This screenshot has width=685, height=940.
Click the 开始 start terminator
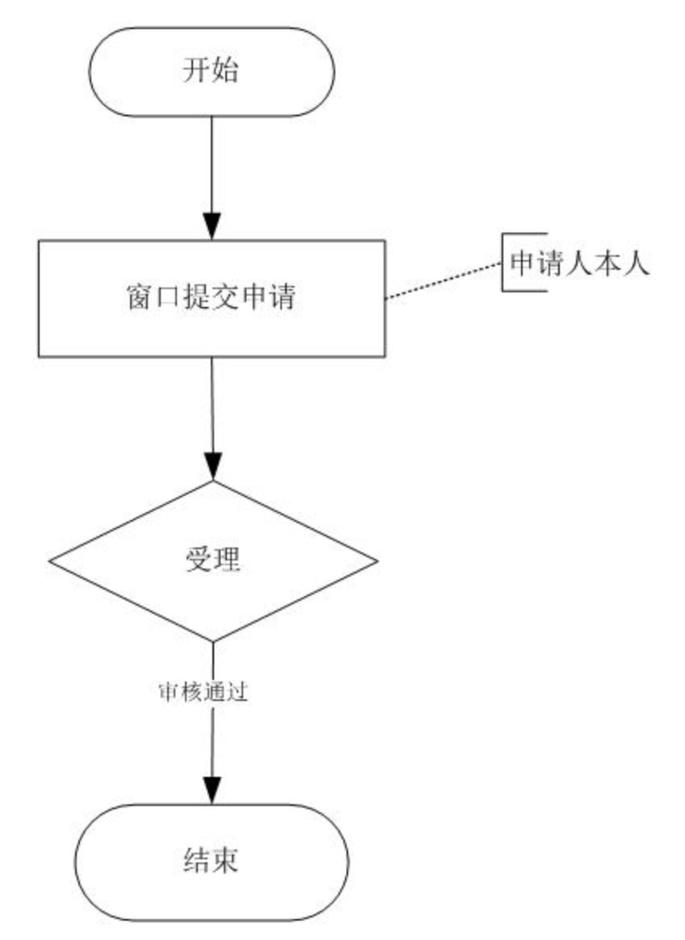[x=212, y=72]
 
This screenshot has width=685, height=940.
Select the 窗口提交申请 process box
[x=212, y=298]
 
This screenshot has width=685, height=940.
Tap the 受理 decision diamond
[x=212, y=560]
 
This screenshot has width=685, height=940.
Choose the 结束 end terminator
[x=212, y=862]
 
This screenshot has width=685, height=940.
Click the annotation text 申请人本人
[x=580, y=266]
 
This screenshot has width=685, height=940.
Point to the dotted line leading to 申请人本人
[x=443, y=282]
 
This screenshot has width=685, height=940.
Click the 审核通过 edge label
[x=200, y=692]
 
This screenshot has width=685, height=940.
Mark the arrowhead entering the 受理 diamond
[x=212, y=466]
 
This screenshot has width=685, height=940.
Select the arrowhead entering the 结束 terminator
[x=212, y=789]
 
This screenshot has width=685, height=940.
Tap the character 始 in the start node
[x=226, y=72]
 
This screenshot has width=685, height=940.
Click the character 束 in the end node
[x=226, y=862]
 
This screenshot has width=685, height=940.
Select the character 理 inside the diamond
[x=227, y=560]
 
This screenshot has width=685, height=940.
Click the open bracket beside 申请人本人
[x=504, y=263]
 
